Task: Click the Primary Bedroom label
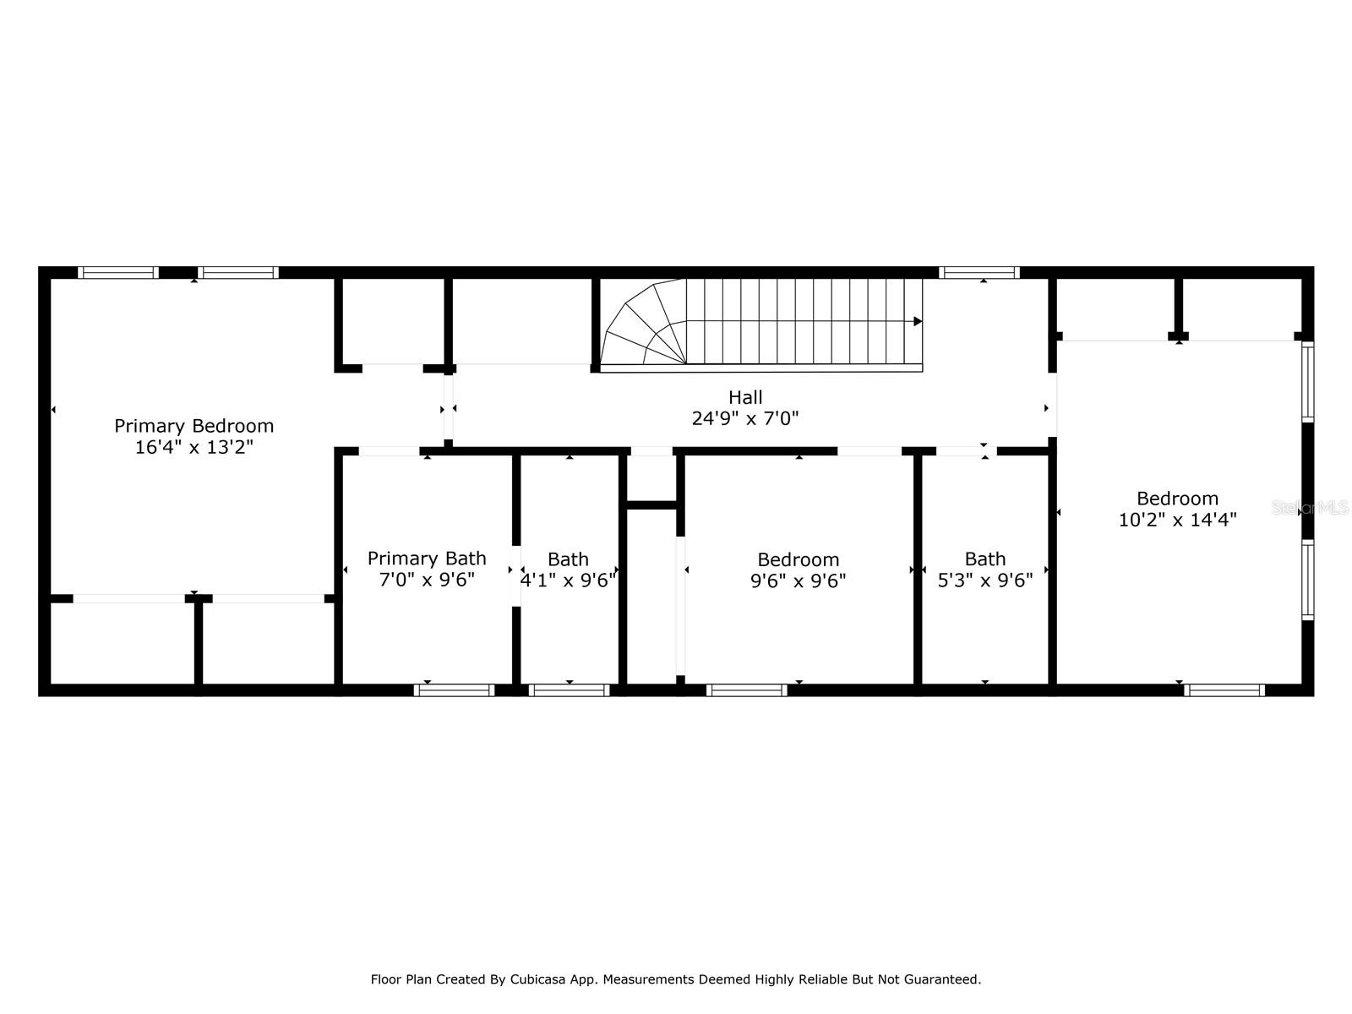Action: click(x=194, y=426)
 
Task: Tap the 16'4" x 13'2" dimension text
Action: click(x=194, y=447)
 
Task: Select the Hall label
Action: click(x=745, y=397)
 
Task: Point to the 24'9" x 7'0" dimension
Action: click(x=745, y=418)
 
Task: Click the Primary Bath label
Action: click(x=427, y=559)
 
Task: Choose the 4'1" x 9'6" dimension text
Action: click(x=568, y=580)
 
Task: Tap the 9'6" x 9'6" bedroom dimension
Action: click(x=799, y=581)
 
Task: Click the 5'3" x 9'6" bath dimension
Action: click(x=985, y=580)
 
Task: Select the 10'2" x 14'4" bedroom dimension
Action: click(x=1178, y=520)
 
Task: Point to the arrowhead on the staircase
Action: click(x=918, y=321)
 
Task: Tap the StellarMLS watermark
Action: click(x=1310, y=508)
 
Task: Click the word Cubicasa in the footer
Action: click(x=537, y=979)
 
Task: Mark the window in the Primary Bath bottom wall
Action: click(x=454, y=690)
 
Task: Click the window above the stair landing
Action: click(x=979, y=273)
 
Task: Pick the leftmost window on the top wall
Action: click(x=118, y=273)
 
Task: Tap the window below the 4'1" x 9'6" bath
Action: click(x=570, y=690)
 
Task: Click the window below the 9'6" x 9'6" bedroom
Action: click(x=746, y=690)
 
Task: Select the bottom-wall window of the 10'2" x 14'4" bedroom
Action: click(x=1224, y=690)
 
